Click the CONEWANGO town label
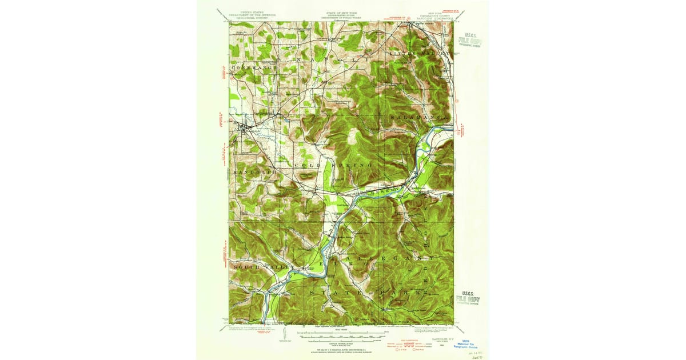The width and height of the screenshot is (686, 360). (254, 67)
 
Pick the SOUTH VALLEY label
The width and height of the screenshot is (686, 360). (262, 267)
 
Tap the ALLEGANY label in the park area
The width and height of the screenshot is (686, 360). (389, 258)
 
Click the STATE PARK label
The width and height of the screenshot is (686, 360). (369, 292)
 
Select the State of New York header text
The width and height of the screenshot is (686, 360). (341, 15)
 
